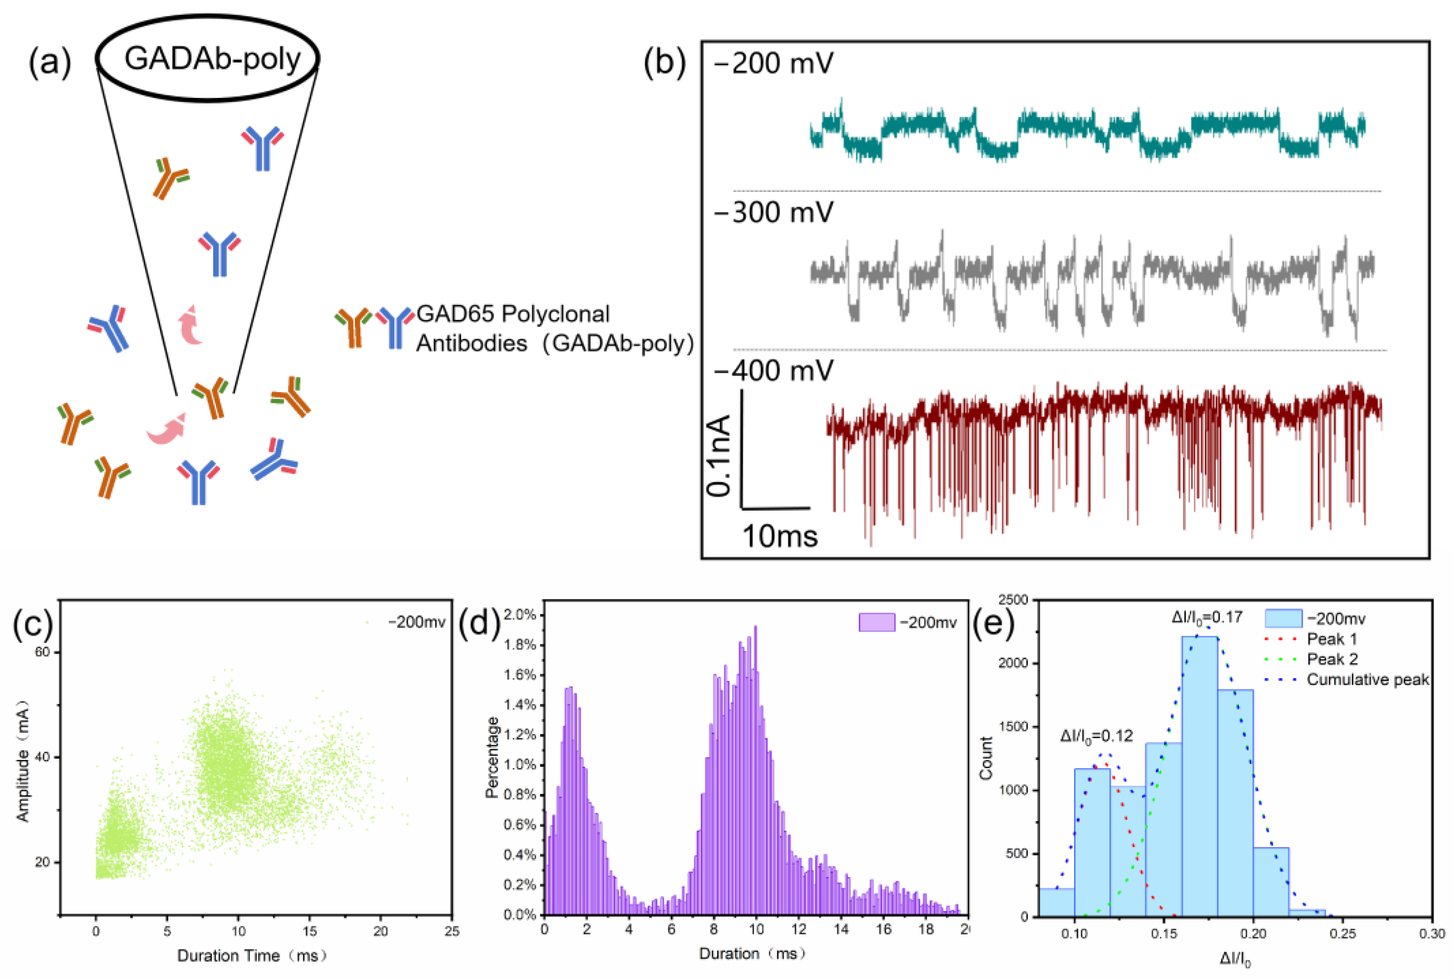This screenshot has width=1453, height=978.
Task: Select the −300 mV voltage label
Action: pos(773,213)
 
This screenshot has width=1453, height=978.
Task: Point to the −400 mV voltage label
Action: pos(773,372)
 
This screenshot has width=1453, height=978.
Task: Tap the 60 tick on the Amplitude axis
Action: pos(42,652)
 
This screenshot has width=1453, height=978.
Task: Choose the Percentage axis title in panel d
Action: pos(492,757)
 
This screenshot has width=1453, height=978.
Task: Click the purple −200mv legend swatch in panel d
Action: pos(876,623)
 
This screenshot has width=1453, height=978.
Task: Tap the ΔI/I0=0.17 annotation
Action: pos(1207,618)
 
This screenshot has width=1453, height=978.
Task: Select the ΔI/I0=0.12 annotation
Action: pos(1096,736)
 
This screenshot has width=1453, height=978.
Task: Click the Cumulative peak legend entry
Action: pos(1366,680)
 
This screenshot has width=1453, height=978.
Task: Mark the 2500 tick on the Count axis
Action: pos(1013,600)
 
